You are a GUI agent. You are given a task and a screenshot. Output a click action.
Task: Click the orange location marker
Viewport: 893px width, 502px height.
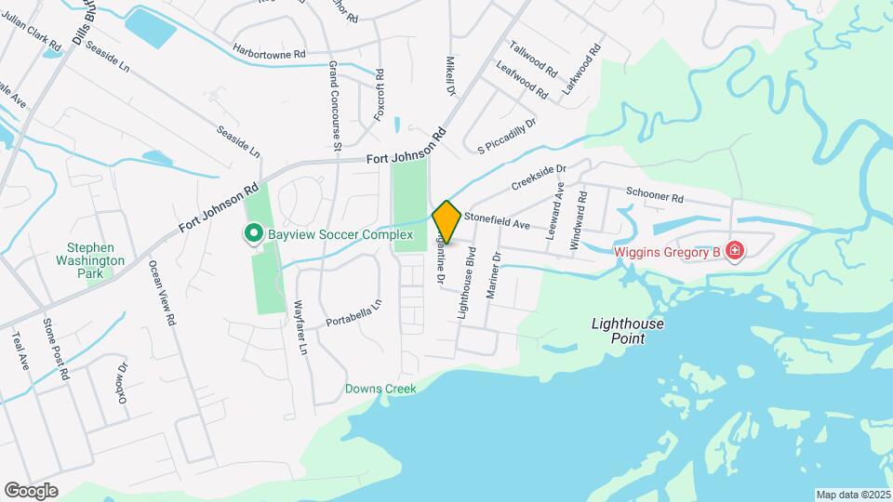[x=446, y=221]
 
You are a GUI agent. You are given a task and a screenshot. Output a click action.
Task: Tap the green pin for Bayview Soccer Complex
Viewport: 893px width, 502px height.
[x=252, y=234]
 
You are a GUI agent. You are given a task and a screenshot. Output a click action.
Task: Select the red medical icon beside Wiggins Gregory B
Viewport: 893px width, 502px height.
[x=735, y=251]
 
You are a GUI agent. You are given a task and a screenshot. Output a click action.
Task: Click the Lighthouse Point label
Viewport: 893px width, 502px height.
[x=619, y=332]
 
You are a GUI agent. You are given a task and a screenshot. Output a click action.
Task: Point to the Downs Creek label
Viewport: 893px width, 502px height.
[x=380, y=389]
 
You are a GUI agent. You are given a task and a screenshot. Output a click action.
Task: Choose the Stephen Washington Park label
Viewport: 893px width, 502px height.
[x=89, y=255]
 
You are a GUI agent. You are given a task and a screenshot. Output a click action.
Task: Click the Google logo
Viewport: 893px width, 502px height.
[x=31, y=490]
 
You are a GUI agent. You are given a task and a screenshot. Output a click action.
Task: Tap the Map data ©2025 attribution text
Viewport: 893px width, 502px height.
[x=852, y=495]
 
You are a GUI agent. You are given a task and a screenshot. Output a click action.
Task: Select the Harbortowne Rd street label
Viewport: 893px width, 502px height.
[x=269, y=53]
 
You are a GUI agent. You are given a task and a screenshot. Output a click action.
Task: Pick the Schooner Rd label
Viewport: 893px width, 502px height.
[x=655, y=198]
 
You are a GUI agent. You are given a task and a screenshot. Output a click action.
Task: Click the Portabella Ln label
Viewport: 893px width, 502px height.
[x=353, y=313]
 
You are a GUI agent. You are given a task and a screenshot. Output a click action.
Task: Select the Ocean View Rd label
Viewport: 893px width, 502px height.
[x=162, y=292]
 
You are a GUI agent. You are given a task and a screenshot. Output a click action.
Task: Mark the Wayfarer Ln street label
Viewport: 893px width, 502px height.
[x=300, y=328]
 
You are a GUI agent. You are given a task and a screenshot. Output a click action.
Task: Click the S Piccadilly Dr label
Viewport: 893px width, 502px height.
[x=507, y=136]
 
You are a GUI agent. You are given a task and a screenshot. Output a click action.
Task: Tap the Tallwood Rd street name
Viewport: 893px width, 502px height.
[x=533, y=59]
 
